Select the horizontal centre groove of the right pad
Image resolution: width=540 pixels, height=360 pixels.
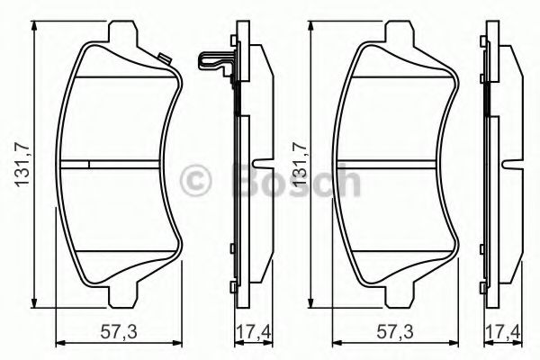396,164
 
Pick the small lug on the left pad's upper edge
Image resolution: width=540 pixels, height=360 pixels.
165,60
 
